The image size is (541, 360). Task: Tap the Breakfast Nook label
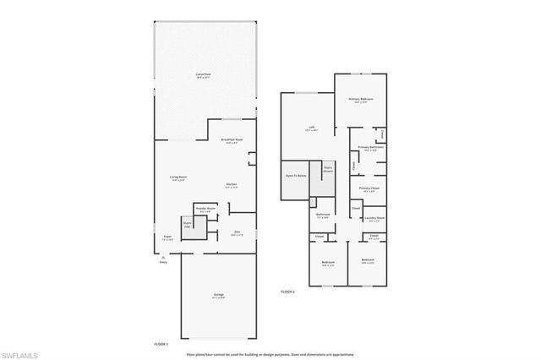(232, 140)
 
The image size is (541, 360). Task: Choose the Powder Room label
(205, 208)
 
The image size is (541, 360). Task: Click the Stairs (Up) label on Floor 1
(188, 224)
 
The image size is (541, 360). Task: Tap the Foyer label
(167, 237)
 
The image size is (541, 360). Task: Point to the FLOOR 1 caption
(161, 345)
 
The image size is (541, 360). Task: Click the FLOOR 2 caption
(288, 292)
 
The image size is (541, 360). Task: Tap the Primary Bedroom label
(362, 100)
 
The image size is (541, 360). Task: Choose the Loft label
(311, 129)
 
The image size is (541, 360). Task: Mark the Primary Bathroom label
(369, 148)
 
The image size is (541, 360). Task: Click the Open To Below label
(295, 176)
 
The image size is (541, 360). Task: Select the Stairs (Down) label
(326, 169)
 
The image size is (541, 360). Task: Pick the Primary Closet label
(369, 188)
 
